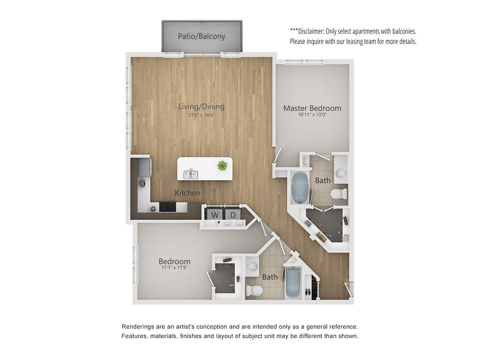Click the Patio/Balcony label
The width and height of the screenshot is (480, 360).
pyautogui.click(x=201, y=36)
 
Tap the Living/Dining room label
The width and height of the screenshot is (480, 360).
pyautogui.click(x=201, y=106)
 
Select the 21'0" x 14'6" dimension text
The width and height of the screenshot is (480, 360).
pyautogui.click(x=201, y=115)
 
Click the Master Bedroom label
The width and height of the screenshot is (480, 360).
pyautogui.click(x=312, y=108)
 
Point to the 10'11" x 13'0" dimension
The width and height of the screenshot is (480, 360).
pyautogui.click(x=312, y=114)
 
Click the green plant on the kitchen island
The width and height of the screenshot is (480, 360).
pyautogui.click(x=222, y=165)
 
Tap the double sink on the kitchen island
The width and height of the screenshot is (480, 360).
pyautogui.click(x=191, y=175)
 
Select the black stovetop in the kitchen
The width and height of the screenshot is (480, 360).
pyautogui.click(x=168, y=207)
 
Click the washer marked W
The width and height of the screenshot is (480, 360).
pyautogui.click(x=214, y=214)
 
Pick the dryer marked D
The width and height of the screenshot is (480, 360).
pyautogui.click(x=233, y=214)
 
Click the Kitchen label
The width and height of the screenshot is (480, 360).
pyautogui.click(x=187, y=193)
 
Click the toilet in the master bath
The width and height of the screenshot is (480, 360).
pyautogui.click(x=339, y=194)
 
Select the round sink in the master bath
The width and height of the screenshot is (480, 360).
pyautogui.click(x=341, y=174)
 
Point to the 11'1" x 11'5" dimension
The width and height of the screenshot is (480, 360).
pyautogui.click(x=174, y=267)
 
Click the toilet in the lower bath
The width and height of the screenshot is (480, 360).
pyautogui.click(x=254, y=291)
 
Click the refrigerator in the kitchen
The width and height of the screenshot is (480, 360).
pyautogui.click(x=144, y=167)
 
